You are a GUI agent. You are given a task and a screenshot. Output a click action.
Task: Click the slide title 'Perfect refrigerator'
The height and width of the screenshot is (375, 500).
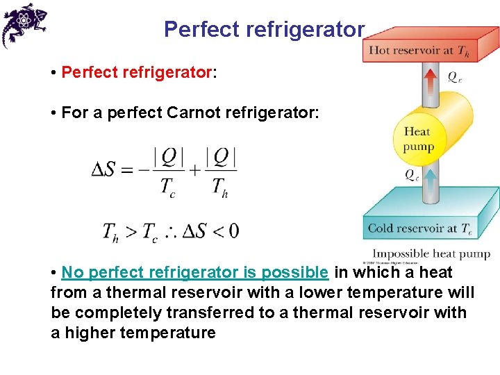coord(264,30)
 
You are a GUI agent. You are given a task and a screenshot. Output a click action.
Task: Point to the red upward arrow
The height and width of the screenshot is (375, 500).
coord(431,81)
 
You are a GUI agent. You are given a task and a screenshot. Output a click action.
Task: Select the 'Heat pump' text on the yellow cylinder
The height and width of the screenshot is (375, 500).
coord(418,139)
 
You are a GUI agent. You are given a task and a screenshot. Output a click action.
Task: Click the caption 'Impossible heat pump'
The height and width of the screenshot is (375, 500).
coord(431,253)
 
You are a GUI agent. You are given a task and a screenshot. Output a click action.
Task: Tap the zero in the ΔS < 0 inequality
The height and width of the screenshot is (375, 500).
coord(233,231)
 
